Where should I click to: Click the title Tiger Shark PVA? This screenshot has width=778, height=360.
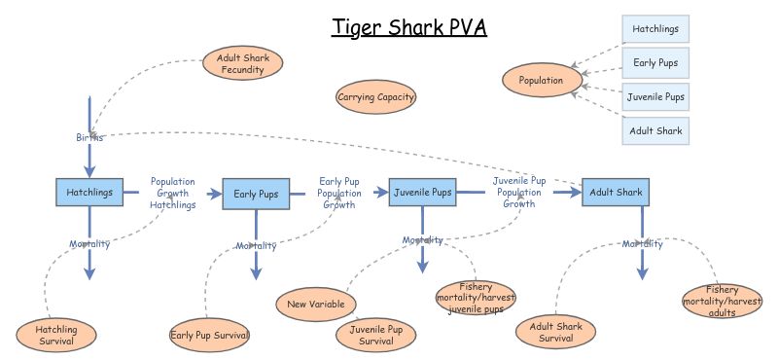click(x=408, y=26)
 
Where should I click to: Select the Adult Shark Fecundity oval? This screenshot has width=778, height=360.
click(x=243, y=64)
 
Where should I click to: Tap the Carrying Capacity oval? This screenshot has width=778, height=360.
click(x=376, y=96)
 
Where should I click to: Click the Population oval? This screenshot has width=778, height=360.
click(x=541, y=80)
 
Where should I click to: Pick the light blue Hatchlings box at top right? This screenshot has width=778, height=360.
click(x=655, y=29)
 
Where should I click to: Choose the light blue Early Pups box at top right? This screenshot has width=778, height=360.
click(x=655, y=63)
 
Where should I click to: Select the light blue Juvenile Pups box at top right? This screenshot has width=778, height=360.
click(x=655, y=96)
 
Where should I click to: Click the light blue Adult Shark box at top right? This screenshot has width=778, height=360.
click(x=655, y=130)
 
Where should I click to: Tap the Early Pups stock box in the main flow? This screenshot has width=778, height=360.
click(x=257, y=194)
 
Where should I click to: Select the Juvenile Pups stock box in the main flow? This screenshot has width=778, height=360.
click(x=422, y=193)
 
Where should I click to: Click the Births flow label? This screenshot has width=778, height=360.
click(x=89, y=137)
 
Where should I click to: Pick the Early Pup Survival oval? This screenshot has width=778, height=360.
click(x=210, y=336)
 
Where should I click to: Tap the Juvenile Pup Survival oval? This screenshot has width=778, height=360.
click(x=376, y=336)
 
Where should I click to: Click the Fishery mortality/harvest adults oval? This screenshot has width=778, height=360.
click(x=722, y=302)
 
